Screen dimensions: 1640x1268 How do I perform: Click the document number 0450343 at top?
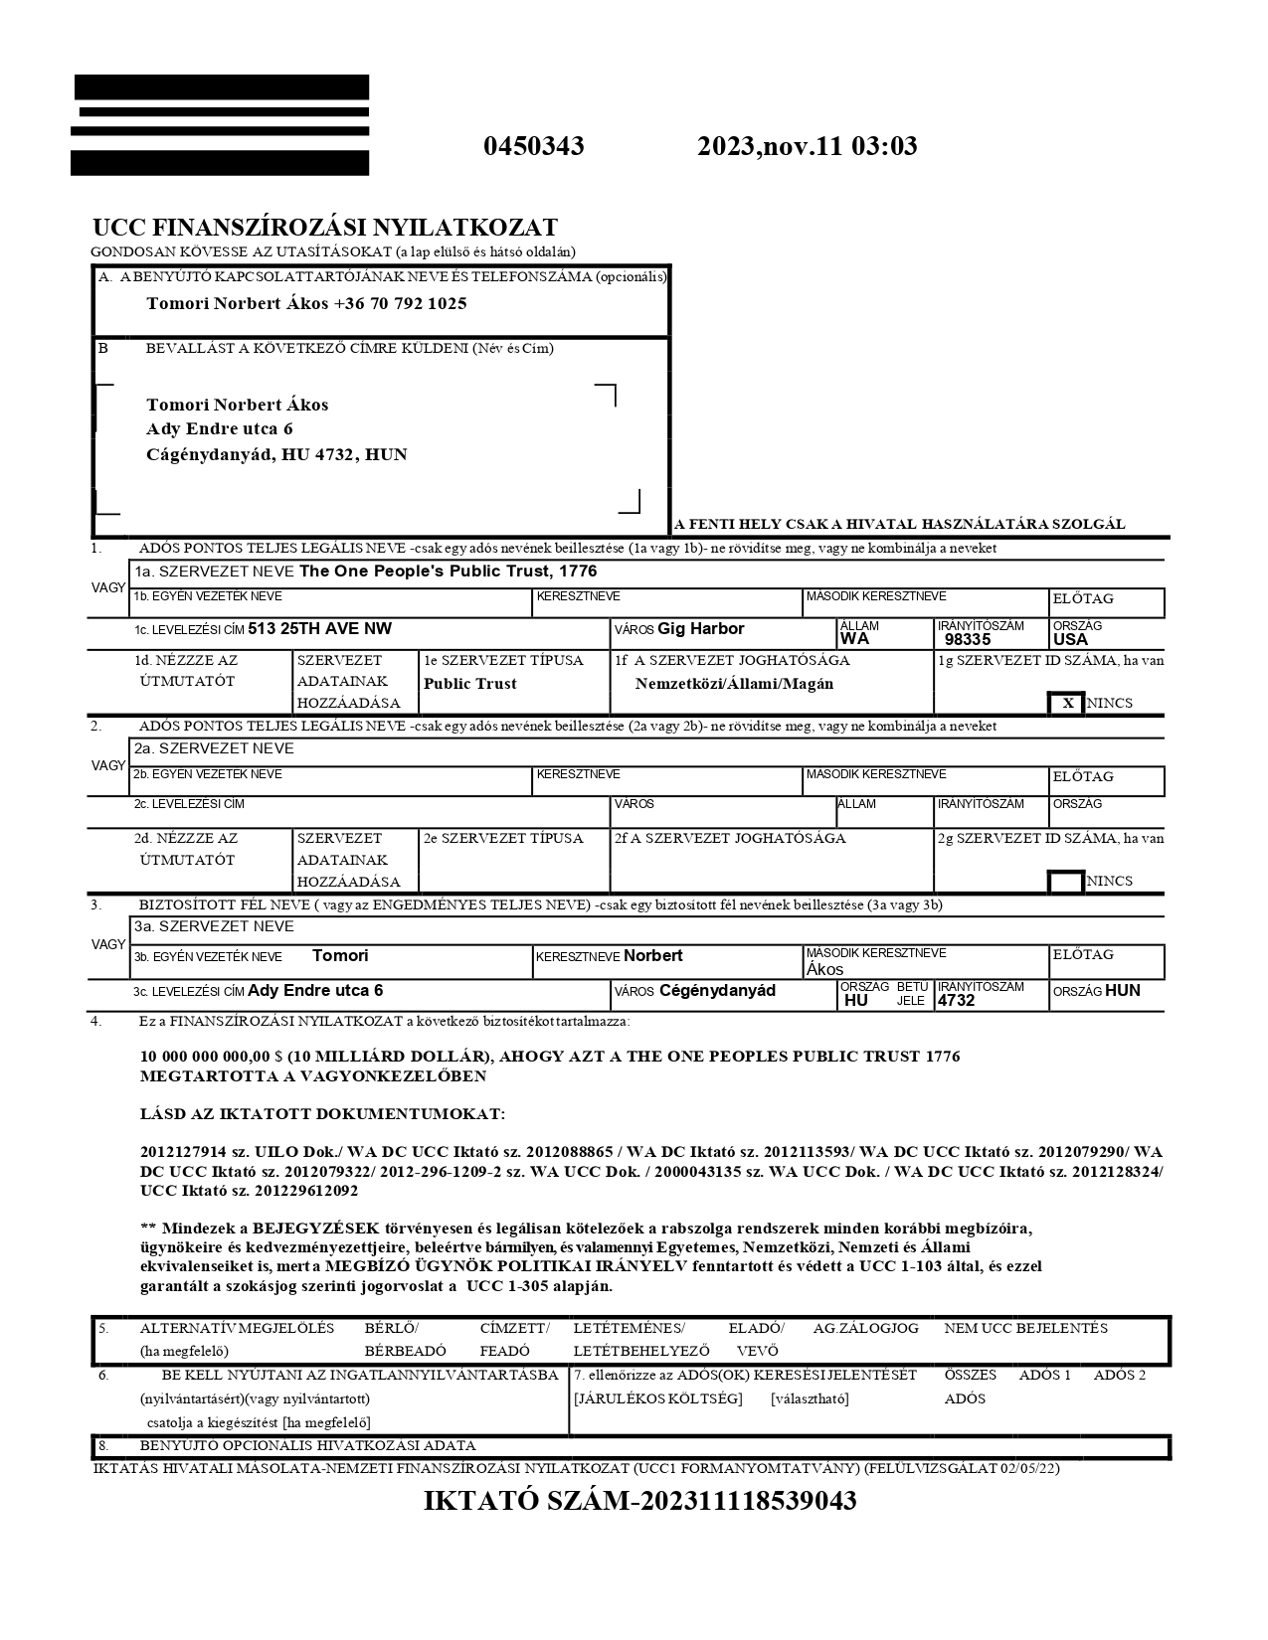pos(533,147)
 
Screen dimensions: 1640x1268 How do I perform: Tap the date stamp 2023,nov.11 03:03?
pos(807,147)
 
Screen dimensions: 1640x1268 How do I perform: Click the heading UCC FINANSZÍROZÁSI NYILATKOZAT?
pos(325,228)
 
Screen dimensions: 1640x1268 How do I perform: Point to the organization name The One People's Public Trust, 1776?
pos(448,572)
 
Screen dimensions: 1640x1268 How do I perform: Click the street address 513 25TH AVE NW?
pos(319,628)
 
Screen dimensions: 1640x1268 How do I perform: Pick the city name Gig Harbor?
pos(700,628)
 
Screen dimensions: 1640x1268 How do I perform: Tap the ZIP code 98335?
pos(967,639)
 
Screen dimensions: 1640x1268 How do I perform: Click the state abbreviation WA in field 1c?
pos(854,638)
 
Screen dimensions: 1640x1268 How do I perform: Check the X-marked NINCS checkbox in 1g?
pos(1067,703)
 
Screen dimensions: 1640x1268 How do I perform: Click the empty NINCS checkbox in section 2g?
pos(1067,881)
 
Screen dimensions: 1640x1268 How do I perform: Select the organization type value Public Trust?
pos(470,683)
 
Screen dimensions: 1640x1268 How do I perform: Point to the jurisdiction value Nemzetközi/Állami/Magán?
pos(734,683)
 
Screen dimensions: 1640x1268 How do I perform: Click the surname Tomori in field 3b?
pos(340,955)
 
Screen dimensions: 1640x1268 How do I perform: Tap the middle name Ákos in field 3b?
pos(824,969)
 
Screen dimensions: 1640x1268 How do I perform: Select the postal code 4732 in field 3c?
pos(956,1000)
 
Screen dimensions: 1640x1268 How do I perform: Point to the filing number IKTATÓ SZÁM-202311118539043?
pos(639,1501)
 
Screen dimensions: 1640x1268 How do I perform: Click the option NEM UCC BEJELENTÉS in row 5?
pos(1025,1328)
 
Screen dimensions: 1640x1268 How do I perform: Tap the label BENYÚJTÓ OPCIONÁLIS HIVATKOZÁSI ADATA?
pos(307,1445)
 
